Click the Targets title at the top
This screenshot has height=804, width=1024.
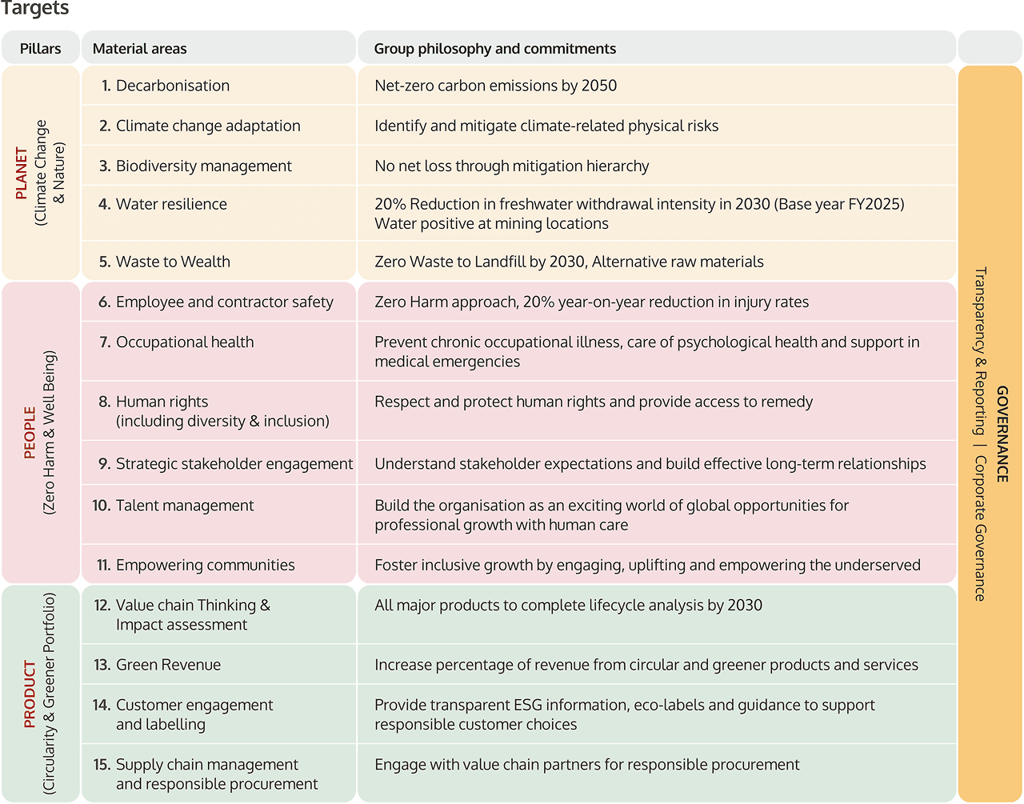(35, 9)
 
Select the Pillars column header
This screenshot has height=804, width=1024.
(40, 49)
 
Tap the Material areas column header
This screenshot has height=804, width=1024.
(139, 49)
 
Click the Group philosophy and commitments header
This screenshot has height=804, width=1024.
(494, 49)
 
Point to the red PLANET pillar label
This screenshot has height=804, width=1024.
(22, 173)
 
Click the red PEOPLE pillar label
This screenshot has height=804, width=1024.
(30, 433)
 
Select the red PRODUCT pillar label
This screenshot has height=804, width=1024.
(30, 694)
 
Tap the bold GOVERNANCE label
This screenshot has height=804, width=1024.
(1002, 434)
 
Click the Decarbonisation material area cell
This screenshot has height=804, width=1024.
(172, 86)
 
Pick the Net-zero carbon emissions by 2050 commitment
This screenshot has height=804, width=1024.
(495, 86)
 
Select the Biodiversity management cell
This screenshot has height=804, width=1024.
(203, 166)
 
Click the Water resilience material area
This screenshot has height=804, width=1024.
(171, 204)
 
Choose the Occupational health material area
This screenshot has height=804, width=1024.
(185, 342)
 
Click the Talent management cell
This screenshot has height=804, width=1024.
(184, 506)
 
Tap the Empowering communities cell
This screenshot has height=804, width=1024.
(205, 565)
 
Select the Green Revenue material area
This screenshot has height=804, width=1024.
(168, 665)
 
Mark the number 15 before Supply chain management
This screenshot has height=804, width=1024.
(102, 765)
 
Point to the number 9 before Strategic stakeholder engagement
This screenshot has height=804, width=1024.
(104, 464)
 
